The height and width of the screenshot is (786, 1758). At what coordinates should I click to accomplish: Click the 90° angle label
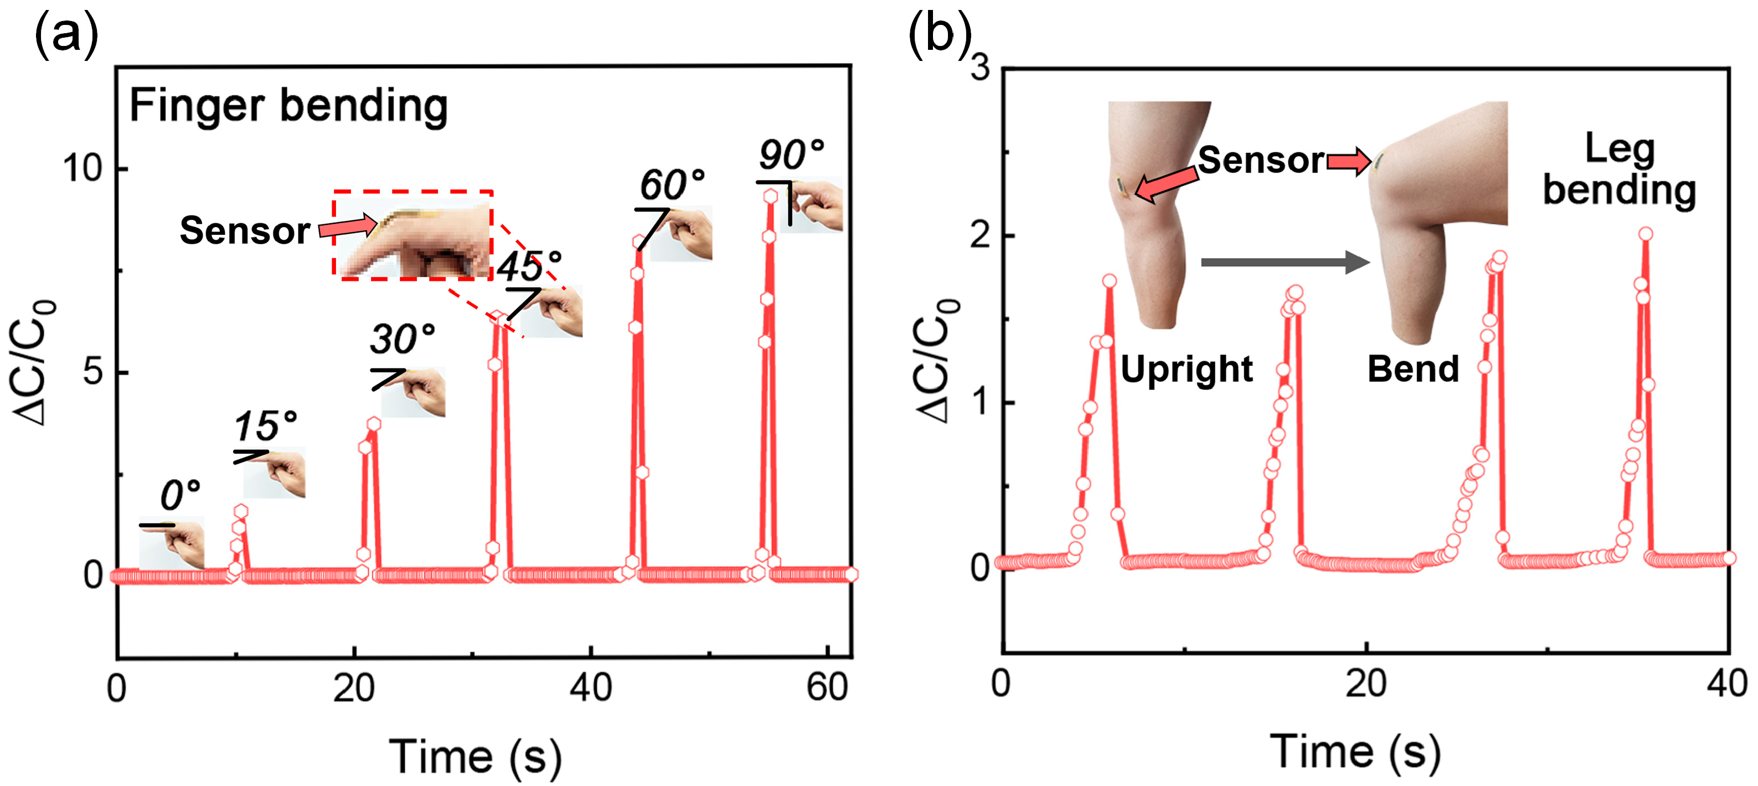tap(792, 155)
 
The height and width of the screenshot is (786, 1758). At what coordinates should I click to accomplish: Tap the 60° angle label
tap(672, 184)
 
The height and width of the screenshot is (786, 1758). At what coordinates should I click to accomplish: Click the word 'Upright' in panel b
tap(1186, 369)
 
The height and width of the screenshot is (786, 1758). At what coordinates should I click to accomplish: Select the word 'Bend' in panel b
tap(1412, 369)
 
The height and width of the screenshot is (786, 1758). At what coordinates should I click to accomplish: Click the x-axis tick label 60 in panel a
tap(827, 687)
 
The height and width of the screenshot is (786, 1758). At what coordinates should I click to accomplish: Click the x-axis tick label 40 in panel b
tap(1726, 683)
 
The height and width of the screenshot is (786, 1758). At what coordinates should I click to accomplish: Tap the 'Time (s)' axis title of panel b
tap(1355, 752)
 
